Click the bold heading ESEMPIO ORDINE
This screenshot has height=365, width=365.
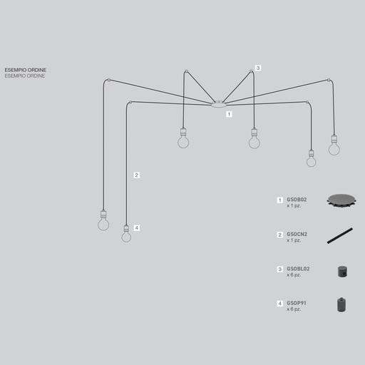pyautogui.click(x=26, y=70)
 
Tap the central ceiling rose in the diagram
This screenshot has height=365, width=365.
pyautogui.click(x=219, y=104)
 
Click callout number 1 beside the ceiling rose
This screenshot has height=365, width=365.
pyautogui.click(x=229, y=114)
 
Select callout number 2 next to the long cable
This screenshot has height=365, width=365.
pyautogui.click(x=137, y=175)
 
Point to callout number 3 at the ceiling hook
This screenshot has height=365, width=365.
pyautogui.click(x=258, y=68)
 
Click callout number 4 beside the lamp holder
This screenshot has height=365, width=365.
pyautogui.click(x=137, y=228)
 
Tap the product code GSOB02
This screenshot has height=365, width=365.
pyautogui.click(x=297, y=200)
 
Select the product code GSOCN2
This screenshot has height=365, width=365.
pyautogui.click(x=297, y=235)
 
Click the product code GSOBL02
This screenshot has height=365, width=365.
pyautogui.click(x=298, y=269)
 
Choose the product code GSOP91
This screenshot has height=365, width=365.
pyautogui.click(x=297, y=303)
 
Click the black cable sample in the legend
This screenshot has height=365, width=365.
pyautogui.click(x=340, y=236)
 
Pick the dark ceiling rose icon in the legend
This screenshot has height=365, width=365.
pyautogui.click(x=341, y=201)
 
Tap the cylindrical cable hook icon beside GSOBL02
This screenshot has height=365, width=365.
pyautogui.click(x=342, y=272)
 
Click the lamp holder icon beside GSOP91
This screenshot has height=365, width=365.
pyautogui.click(x=341, y=304)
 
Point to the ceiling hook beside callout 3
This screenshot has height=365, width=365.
pyautogui.click(x=251, y=71)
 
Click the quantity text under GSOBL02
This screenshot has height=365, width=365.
pyautogui.click(x=294, y=275)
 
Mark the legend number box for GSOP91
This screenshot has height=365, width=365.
pyautogui.click(x=280, y=304)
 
